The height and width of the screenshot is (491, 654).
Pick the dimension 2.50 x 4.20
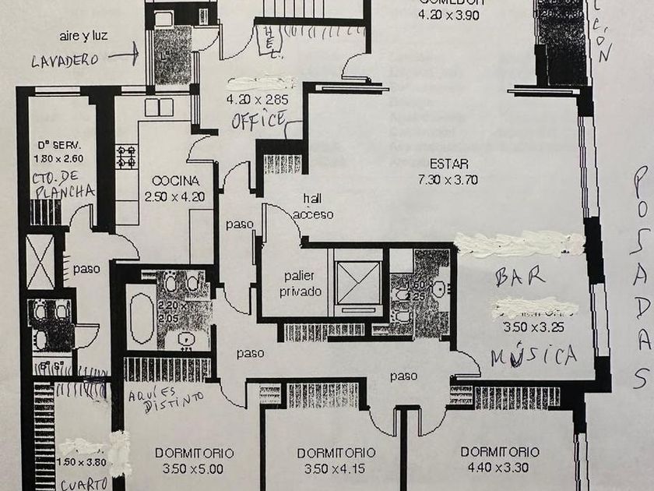pyautogui.click(x=174, y=196)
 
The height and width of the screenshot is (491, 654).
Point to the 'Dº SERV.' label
pyautogui.click(x=59, y=146)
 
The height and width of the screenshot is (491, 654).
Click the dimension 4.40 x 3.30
pyautogui.click(x=498, y=468)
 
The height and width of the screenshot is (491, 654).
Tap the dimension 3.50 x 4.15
pyautogui.click(x=336, y=468)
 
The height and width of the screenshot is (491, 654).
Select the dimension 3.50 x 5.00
pyautogui.click(x=195, y=468)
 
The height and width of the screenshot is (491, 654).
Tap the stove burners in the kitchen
pyautogui.click(x=126, y=157)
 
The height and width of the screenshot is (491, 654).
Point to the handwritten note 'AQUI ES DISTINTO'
pyautogui.click(x=167, y=397)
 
